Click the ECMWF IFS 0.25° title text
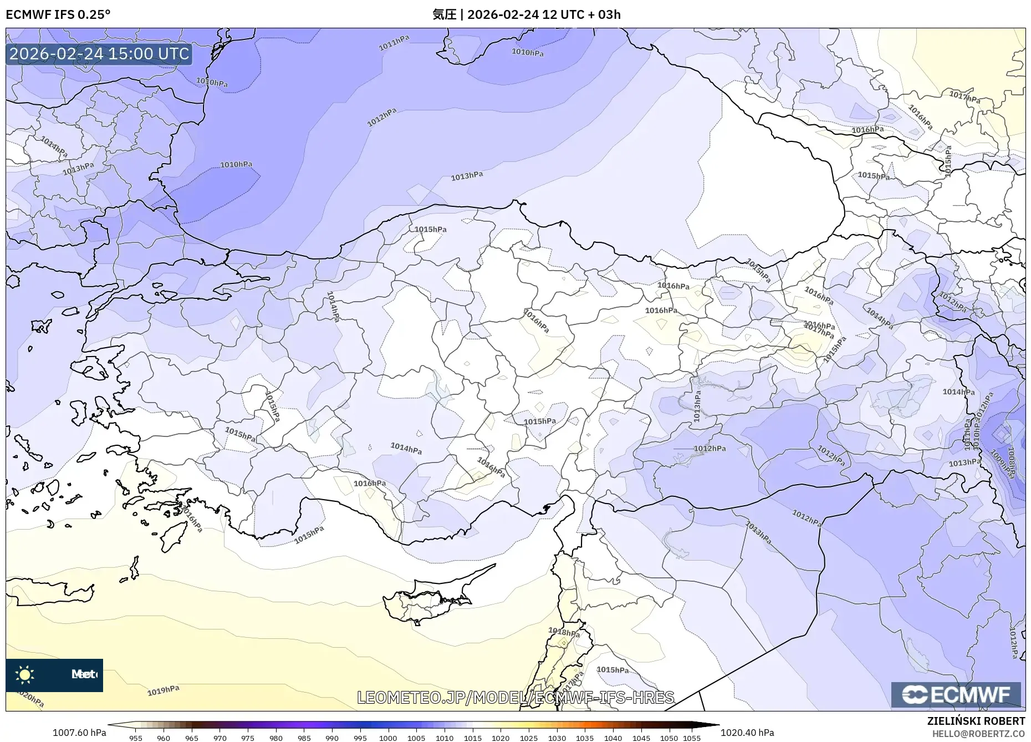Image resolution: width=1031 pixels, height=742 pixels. coord(58,14)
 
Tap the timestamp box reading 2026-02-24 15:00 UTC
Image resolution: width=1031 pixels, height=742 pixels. coord(99,54)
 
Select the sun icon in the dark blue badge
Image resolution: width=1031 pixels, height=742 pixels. coord(24,674)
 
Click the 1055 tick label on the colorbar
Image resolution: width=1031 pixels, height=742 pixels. coord(692,738)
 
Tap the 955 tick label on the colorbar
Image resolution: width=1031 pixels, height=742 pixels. coord(136,738)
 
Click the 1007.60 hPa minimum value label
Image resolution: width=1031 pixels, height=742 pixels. coord(79,733)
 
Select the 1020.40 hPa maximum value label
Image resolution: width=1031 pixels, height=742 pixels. coord(747,733)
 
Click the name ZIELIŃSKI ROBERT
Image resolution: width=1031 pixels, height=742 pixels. coord(976,721)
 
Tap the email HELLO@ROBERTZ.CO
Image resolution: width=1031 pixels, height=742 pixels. coord(978,734)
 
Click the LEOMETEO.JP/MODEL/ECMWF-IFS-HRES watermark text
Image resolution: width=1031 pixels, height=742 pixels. coord(515,697)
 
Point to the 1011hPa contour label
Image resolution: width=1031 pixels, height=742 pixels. coord(394,43)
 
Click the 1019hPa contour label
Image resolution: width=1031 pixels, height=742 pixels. coord(164,690)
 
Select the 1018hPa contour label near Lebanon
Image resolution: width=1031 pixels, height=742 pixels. coord(564,632)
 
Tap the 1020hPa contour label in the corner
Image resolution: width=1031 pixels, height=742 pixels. coord(30,698)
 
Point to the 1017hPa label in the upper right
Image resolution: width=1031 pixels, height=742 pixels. coord(964,98)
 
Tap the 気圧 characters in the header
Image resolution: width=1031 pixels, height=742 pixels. coord(444,14)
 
